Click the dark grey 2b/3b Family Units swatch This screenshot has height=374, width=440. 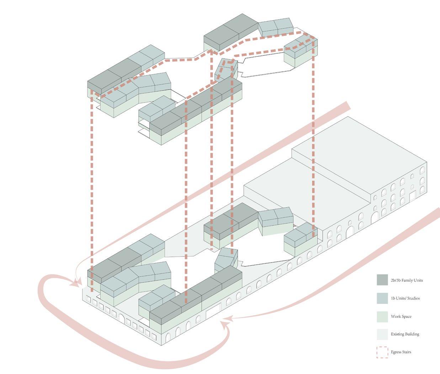tap(382, 280)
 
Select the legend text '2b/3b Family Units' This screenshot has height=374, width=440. tap(407, 280)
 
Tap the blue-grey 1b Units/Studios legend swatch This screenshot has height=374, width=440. tap(382, 298)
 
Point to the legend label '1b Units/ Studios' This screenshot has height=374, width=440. tap(405, 298)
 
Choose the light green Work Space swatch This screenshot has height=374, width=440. tap(382, 316)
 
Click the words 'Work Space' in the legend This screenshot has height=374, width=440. tap(401, 316)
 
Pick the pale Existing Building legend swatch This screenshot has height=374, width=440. tap(382, 334)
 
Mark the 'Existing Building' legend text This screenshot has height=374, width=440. tap(405, 334)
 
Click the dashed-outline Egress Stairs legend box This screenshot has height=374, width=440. tap(382, 352)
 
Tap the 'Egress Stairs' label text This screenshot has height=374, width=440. tap(401, 352)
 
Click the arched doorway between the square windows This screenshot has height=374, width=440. tap(122, 318)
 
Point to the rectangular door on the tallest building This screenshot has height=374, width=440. tap(413, 196)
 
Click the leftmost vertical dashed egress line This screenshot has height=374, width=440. tap(92, 192)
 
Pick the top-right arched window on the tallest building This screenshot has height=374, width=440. tap(422, 171)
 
